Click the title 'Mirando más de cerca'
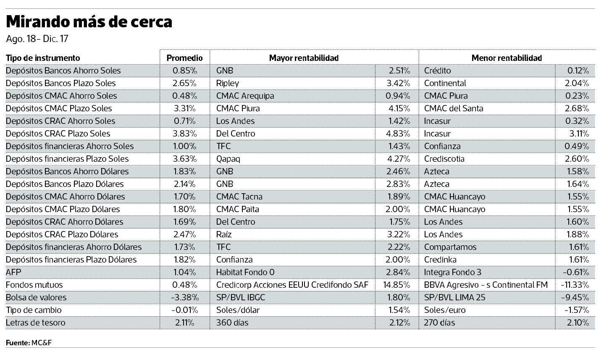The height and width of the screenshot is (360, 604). tap(89, 21)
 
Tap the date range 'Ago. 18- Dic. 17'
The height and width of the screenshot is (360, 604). tap(37, 39)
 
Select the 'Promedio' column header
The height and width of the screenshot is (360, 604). tap(184, 58)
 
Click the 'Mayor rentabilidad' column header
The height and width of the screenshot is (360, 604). tap(304, 58)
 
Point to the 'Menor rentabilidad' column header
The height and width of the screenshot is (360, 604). tap(506, 58)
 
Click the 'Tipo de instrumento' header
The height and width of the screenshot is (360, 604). tap(43, 58)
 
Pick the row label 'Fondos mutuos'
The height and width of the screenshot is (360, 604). tap(34, 285)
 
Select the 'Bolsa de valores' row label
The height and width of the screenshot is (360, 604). tap(36, 297)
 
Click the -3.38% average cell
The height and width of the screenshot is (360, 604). tap(184, 297)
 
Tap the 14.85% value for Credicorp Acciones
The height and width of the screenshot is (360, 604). tap(397, 285)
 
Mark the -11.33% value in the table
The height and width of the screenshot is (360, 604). tap(575, 285)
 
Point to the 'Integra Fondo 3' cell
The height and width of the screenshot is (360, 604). tap(453, 272)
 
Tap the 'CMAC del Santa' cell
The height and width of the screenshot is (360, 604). tap(454, 108)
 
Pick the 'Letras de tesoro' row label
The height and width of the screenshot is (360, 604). tap(36, 323)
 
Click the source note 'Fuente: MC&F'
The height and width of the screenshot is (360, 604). tap(29, 343)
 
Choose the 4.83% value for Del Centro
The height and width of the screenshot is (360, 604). tap(398, 134)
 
